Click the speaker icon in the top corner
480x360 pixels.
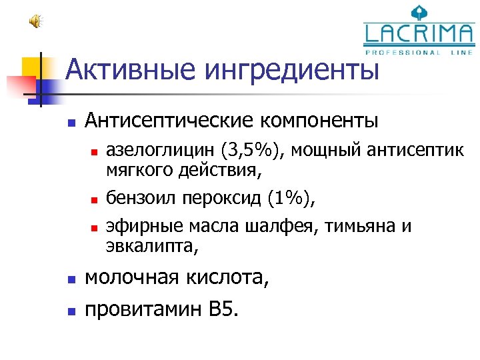[35, 22]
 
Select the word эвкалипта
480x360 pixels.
[150, 247]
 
